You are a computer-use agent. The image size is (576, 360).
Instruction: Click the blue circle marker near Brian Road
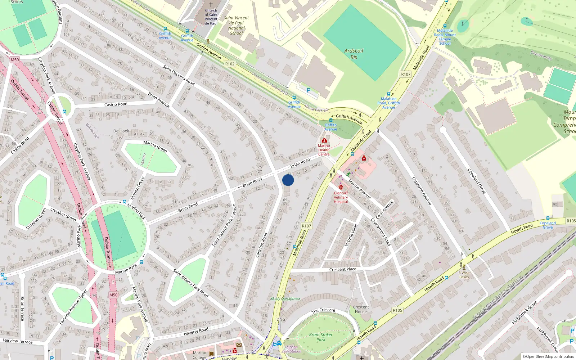288,180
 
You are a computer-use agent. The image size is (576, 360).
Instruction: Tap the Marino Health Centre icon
324,141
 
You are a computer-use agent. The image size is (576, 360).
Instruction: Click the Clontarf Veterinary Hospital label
341,197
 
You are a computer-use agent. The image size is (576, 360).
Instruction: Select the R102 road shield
230,64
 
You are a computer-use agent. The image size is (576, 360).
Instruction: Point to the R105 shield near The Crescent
397,310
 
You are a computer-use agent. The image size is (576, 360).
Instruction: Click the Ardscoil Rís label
354,54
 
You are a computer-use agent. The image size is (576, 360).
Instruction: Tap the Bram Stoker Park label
320,337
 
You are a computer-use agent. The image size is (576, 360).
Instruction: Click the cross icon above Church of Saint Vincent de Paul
211,5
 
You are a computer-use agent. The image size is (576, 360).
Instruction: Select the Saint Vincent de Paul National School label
236,25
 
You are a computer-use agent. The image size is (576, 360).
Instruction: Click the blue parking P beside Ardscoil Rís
308,90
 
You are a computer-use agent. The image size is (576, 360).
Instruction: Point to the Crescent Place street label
343,269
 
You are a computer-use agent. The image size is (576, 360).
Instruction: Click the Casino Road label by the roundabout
116,104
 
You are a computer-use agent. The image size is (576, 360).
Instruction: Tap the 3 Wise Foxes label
464,275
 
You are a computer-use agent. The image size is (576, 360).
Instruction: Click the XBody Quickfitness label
285,298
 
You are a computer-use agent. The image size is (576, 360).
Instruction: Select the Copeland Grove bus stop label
548,225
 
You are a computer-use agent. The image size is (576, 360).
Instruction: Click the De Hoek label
121,131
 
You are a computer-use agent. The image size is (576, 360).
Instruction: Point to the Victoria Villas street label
351,235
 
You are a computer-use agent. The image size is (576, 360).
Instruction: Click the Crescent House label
361,309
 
